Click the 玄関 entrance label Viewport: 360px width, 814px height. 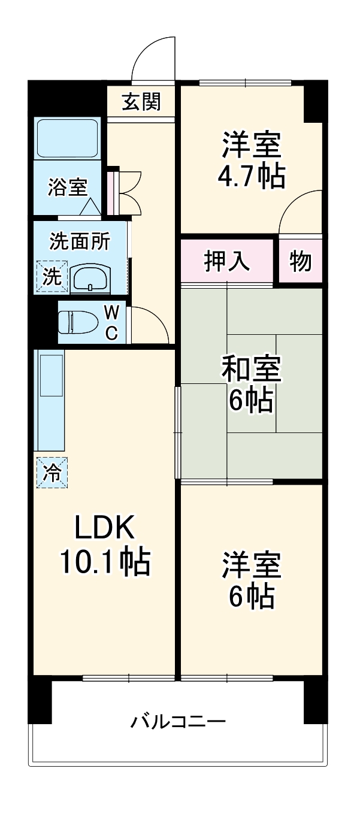click(x=141, y=102)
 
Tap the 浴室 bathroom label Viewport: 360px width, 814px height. click(x=68, y=187)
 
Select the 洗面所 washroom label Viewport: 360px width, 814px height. click(x=80, y=241)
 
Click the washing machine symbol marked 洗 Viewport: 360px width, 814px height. click(x=52, y=277)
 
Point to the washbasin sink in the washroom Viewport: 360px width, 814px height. click(x=90, y=279)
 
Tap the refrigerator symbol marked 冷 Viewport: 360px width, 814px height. click(x=52, y=473)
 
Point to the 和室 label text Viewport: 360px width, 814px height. click(x=252, y=369)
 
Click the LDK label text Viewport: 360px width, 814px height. click(x=105, y=527)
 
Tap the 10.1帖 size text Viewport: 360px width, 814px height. click(x=105, y=561)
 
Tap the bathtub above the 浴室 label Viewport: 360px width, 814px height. click(x=68, y=138)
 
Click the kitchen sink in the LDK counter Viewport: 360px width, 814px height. click(x=52, y=376)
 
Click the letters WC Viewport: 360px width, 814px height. click(x=111, y=322)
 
